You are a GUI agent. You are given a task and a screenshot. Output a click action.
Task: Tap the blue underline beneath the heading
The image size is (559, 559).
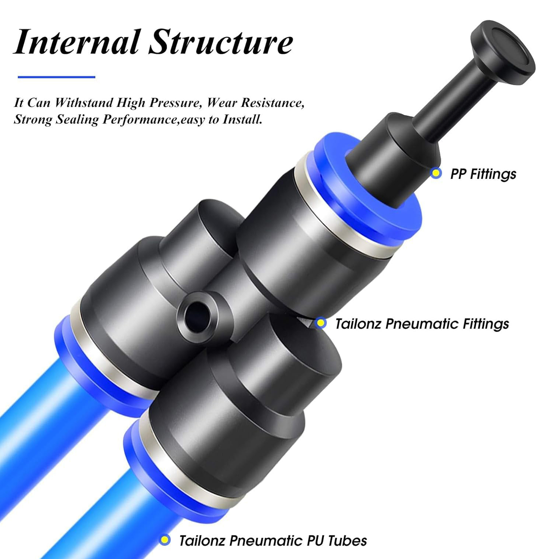(57, 77)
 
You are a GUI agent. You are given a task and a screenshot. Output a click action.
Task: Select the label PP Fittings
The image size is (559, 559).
(483, 174)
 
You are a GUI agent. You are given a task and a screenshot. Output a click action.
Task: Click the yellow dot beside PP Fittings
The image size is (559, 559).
(436, 173)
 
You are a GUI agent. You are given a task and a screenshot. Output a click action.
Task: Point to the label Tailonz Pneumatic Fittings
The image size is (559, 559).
(422, 323)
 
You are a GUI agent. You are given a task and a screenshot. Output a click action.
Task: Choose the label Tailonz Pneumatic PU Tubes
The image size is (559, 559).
(273, 540)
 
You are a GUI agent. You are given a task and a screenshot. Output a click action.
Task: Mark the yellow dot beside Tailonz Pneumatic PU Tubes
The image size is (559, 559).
(165, 540)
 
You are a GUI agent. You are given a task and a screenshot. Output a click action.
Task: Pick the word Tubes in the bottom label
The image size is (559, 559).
(347, 540)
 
